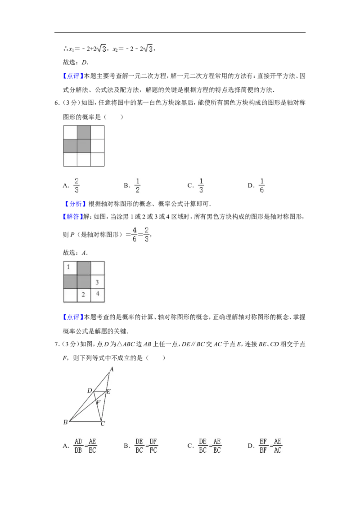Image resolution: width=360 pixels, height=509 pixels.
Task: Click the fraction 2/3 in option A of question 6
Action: (x=76, y=185)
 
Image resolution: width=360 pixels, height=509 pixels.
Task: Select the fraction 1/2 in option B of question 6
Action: (x=137, y=185)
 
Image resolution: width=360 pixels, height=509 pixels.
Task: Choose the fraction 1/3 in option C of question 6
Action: (x=201, y=185)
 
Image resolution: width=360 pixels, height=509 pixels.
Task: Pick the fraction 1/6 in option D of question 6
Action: (x=262, y=185)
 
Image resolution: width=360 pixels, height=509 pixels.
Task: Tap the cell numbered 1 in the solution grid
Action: (x=70, y=268)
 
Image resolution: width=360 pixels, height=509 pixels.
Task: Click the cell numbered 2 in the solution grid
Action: (x=84, y=295)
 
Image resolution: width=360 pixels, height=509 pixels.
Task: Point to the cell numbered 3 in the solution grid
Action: (x=98, y=282)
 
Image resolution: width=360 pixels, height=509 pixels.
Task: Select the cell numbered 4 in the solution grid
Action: (x=98, y=295)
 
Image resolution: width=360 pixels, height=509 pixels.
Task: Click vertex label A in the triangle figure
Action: (x=112, y=369)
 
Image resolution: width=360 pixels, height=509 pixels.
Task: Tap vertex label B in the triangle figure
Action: (x=66, y=422)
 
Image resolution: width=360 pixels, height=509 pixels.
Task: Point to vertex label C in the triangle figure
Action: (x=103, y=424)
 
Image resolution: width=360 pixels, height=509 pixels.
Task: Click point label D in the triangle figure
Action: (x=90, y=390)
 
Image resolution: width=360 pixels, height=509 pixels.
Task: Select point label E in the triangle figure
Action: (x=108, y=392)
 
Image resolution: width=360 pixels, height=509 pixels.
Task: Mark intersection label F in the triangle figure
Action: (x=98, y=402)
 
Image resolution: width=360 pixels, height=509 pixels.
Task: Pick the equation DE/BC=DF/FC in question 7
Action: (x=146, y=446)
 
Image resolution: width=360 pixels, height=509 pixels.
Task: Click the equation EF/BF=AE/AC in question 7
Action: (x=270, y=446)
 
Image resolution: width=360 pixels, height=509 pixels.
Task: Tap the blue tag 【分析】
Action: (x=75, y=204)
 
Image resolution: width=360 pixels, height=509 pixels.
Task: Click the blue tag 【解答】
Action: (x=73, y=217)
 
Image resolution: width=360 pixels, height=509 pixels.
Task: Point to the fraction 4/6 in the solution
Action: (x=135, y=234)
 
